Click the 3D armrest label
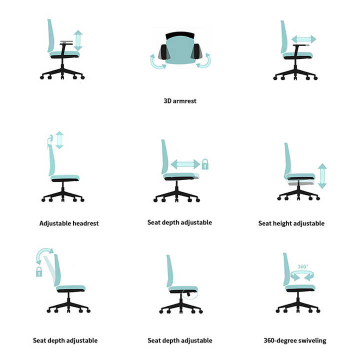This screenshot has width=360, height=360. click(x=180, y=100)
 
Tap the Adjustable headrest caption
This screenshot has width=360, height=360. click(x=69, y=223)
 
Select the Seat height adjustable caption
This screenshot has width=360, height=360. click(x=291, y=223)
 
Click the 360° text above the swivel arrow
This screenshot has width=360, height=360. click(x=303, y=267)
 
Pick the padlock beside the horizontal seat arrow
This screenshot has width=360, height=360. click(x=205, y=164)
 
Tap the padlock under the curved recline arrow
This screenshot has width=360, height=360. click(x=39, y=271)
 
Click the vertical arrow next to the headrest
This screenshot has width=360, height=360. click(x=59, y=140)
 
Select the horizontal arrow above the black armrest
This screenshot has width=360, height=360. click(x=303, y=39)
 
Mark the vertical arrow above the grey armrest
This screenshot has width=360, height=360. click(x=78, y=40)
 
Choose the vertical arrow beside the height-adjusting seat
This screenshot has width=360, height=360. click(x=322, y=176)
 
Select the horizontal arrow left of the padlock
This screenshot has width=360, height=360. click(x=185, y=164)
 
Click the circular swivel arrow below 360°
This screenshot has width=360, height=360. click(x=303, y=275)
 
